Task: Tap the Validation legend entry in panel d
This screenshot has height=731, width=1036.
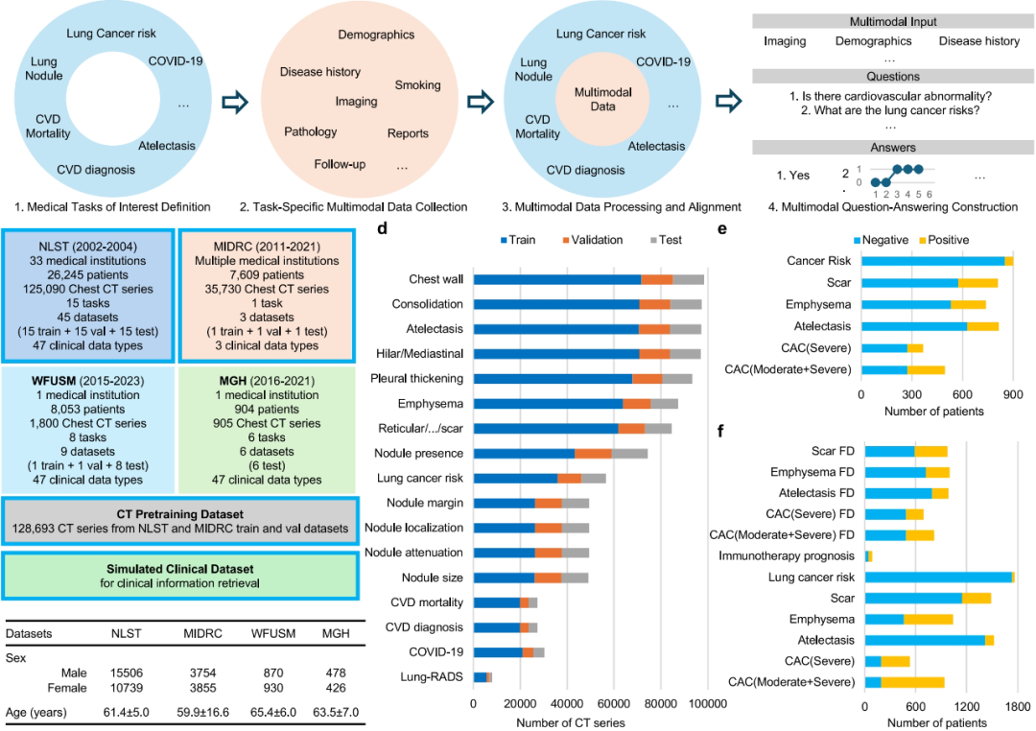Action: pos(590,240)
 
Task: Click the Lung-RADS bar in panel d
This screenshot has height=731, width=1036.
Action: pos(483,677)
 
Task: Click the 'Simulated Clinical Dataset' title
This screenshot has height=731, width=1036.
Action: pos(180,567)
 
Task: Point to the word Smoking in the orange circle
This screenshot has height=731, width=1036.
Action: pos(418,85)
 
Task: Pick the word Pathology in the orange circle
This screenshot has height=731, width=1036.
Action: pos(311,131)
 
